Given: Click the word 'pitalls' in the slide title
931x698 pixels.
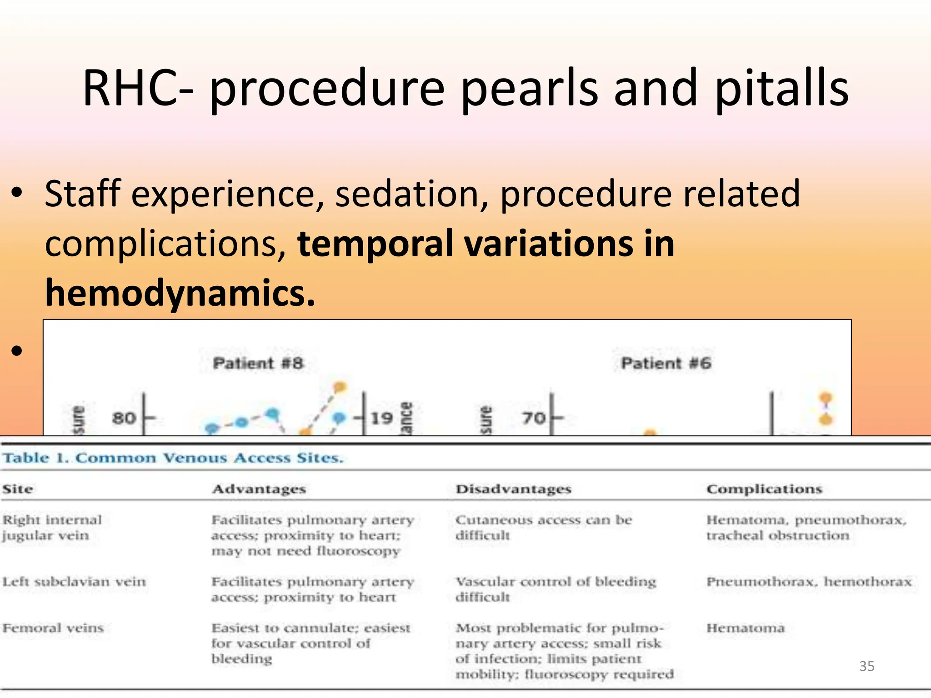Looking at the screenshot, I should click(x=781, y=89).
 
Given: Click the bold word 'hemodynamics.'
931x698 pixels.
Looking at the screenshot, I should click(x=180, y=293).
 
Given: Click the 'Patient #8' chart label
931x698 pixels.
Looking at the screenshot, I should click(x=258, y=364).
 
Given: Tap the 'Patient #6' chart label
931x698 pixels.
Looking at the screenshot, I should click(x=666, y=364).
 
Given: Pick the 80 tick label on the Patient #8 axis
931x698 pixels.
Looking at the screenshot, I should click(x=124, y=418).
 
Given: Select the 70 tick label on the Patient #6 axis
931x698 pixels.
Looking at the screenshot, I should click(x=533, y=418).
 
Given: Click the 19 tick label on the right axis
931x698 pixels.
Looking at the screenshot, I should click(x=381, y=418).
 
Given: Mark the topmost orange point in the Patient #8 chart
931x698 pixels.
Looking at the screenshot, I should click(x=340, y=387).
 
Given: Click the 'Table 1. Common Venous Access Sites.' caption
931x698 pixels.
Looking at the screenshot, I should click(x=173, y=458).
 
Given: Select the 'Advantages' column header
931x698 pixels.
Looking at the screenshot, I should click(x=259, y=489).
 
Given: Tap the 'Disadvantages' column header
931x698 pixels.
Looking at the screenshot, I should click(x=513, y=489).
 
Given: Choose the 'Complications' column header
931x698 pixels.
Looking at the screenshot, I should click(x=764, y=489).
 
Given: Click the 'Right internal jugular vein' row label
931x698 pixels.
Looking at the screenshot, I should click(x=52, y=528).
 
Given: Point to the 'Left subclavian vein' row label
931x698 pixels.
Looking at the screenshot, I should click(x=74, y=582).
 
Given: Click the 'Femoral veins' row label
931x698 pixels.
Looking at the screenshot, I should click(x=53, y=628).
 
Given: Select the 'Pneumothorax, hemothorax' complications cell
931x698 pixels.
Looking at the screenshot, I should click(x=809, y=582).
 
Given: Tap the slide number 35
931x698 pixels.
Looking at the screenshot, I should click(x=866, y=666).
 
